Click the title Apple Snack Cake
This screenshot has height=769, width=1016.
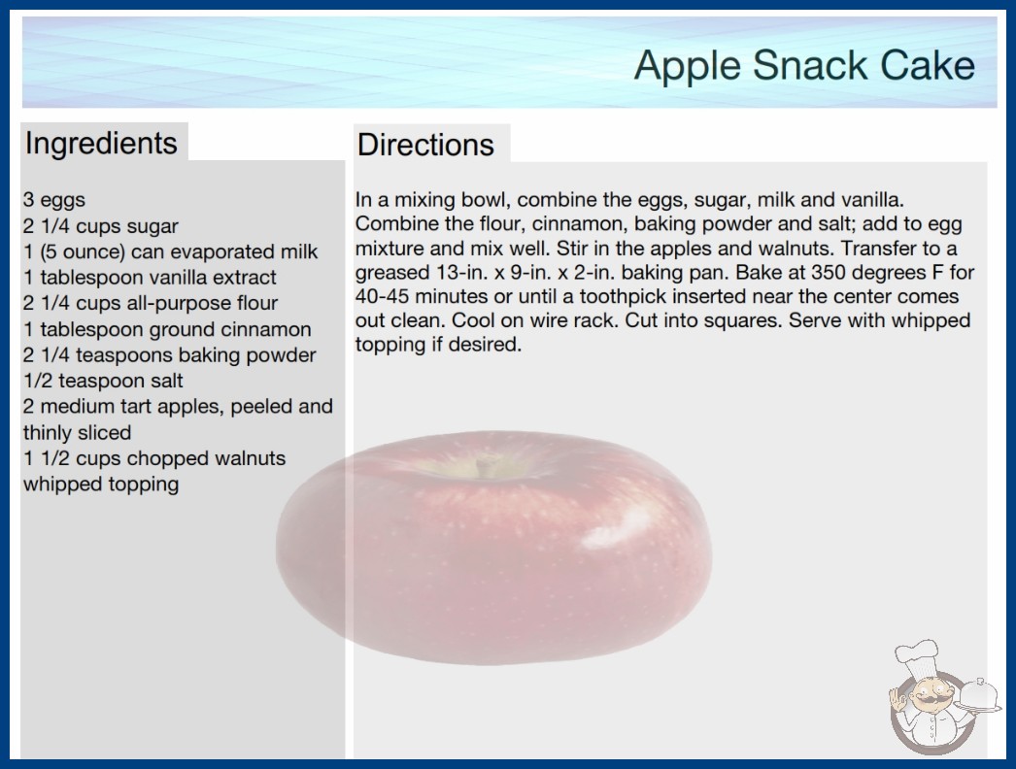coord(804,65)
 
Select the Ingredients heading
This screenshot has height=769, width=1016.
coord(101,143)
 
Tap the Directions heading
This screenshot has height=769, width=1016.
coord(425,145)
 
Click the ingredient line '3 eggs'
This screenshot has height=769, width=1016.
coord(54,200)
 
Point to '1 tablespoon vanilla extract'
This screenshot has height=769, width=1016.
coord(150,278)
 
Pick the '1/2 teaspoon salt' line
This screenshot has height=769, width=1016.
coord(103,381)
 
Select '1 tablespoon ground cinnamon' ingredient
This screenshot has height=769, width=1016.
coord(167,329)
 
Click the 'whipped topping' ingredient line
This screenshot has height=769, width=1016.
coord(101,484)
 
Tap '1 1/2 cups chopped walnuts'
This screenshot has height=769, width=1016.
coord(154,458)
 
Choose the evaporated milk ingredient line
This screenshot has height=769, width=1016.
coord(170,251)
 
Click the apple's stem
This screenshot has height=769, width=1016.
coord(482,466)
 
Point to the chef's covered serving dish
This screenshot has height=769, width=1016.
coord(979,697)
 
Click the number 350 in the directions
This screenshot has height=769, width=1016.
coord(831,272)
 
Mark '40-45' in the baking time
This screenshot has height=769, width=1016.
coord(383,297)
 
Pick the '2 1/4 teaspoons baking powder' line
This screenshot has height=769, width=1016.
coord(170,355)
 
